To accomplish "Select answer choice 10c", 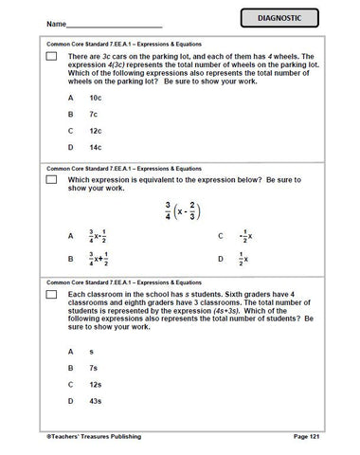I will pyautogui.click(x=96, y=99).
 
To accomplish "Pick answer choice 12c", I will pyautogui.click(x=96, y=131).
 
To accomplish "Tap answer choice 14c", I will pyautogui.click(x=96, y=148).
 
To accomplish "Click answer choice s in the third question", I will pyautogui.click(x=91, y=351).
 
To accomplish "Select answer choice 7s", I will pyautogui.click(x=94, y=368).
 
